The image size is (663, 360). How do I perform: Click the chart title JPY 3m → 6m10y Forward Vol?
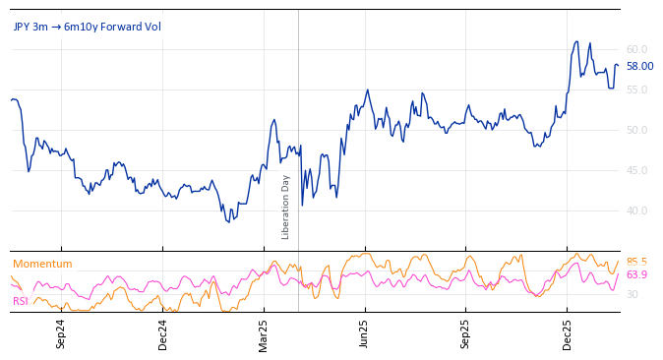(87, 27)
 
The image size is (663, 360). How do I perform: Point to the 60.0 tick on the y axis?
(636, 49)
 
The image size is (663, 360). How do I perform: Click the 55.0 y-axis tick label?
(636, 90)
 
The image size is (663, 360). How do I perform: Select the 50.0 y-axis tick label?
(636, 130)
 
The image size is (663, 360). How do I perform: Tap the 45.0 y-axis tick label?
(636, 170)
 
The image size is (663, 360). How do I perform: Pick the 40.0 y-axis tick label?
(636, 210)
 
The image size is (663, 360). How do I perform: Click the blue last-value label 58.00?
(639, 66)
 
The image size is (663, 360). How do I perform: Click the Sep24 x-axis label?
(61, 333)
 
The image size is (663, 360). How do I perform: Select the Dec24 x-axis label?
(162, 333)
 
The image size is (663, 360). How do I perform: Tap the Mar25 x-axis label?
(264, 333)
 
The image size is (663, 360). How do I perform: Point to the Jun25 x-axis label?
(365, 333)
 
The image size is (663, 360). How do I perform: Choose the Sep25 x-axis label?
(466, 333)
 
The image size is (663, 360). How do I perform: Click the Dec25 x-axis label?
(568, 333)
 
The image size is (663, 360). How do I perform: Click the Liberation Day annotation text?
(286, 207)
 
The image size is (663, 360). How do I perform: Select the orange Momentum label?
(42, 264)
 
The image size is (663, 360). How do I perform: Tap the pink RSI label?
(20, 301)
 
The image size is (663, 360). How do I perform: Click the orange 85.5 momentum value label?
(636, 262)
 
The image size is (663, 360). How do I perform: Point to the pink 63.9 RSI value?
(636, 274)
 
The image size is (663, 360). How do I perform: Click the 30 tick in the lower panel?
(633, 294)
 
